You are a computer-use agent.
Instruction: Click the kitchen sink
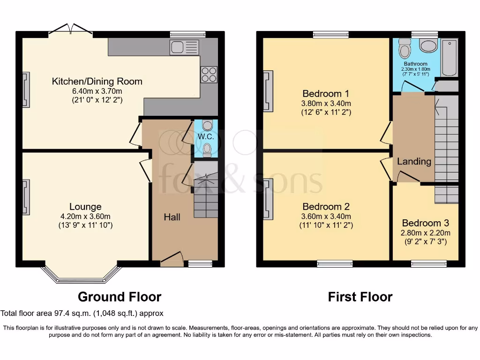184,47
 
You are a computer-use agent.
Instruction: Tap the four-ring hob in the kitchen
209,75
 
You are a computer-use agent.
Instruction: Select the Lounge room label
85,207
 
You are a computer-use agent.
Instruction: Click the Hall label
172,217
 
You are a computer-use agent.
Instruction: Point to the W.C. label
206,136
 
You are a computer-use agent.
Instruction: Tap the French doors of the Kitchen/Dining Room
70,29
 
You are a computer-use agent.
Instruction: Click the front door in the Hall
172,257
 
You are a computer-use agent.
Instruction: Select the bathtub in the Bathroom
450,58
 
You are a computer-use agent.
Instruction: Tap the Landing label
414,161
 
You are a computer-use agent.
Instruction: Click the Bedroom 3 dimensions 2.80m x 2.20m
426,232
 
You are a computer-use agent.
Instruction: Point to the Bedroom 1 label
326,93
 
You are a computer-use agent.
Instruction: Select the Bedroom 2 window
335,263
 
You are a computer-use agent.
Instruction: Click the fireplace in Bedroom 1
268,91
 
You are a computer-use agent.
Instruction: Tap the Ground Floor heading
120,297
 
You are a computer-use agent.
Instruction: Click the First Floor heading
360,297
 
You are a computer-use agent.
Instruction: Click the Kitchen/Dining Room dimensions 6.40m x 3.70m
97,91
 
